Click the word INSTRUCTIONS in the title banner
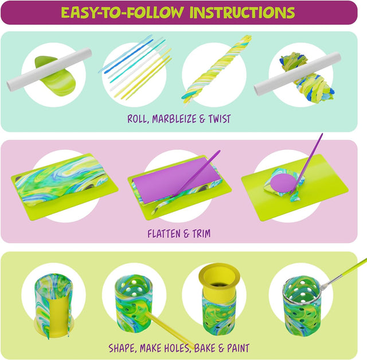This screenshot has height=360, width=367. coord(242,13)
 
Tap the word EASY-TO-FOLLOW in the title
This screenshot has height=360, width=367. coord(122,13)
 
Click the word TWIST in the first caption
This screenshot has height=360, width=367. coord(219,119)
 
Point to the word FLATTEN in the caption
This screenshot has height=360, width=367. coord(164,234)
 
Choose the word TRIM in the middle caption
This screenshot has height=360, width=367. coord(201,234)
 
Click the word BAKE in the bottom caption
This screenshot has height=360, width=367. coord(205,348)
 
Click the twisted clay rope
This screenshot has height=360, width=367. coord(217,70)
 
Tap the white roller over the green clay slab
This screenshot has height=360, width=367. coord(49,69)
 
